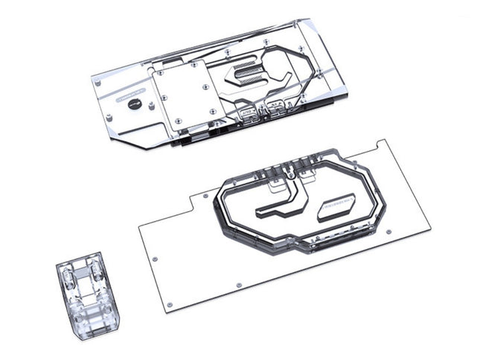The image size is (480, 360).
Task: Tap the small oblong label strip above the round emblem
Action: coord(132,96)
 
